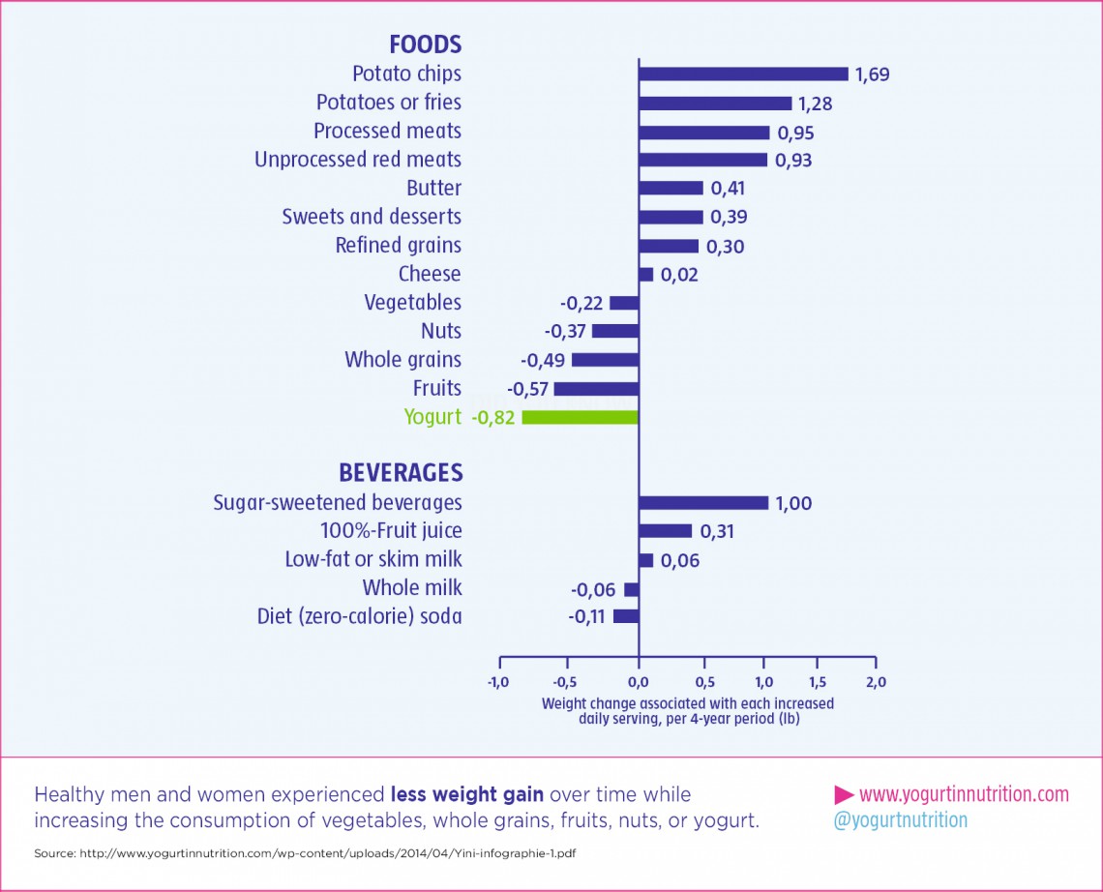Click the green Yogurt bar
[x=580, y=417]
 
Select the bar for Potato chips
[x=742, y=74]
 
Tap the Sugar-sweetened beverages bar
[x=702, y=502]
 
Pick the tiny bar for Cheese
[x=645, y=275]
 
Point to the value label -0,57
[x=527, y=389]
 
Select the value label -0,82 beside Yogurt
[x=492, y=418]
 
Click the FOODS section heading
[x=425, y=45]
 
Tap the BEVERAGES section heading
[x=400, y=473]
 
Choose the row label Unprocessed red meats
[x=357, y=160]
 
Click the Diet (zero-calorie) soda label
[x=359, y=616]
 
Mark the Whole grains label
[x=402, y=360]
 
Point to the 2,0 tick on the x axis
[x=875, y=681]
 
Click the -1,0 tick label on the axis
[x=497, y=681]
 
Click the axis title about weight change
[x=687, y=711]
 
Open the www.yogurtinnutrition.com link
[x=963, y=794]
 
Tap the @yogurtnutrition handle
[x=900, y=820]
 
